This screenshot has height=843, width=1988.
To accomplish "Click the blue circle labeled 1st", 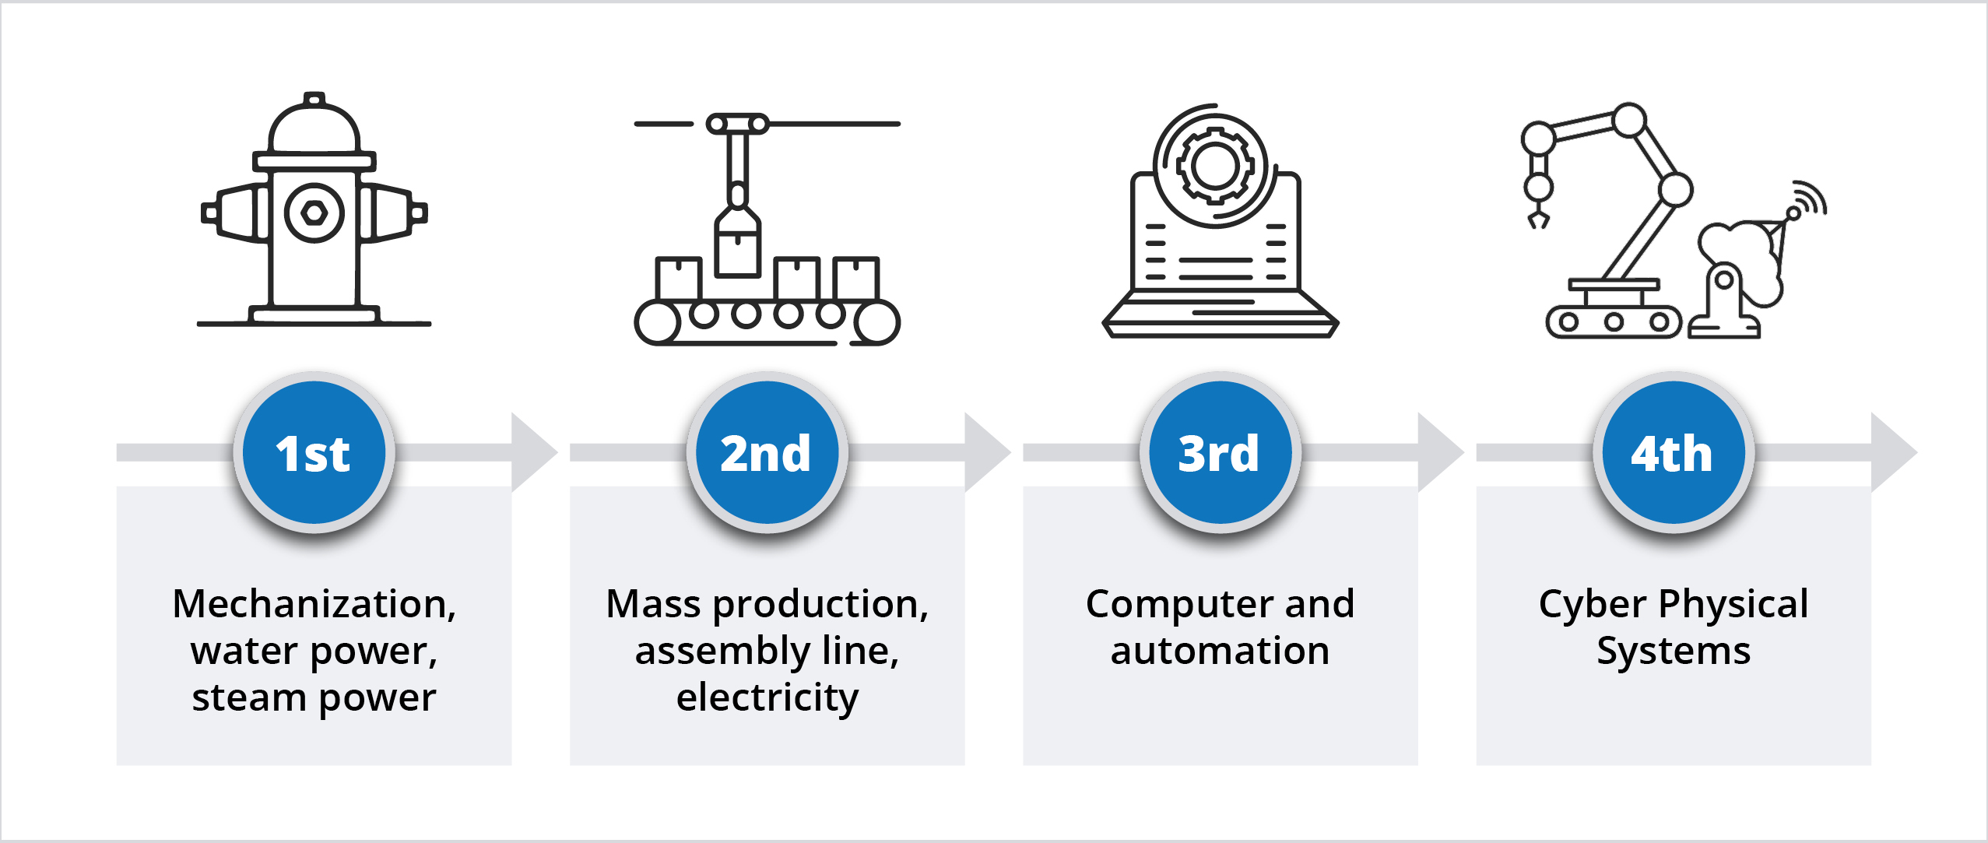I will pos(314,452).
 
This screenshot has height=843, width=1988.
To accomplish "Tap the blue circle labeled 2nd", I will pos(767,452).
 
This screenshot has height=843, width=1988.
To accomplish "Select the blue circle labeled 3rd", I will pos(1220,452).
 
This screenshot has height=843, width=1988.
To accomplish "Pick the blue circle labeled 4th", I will pos(1673,452).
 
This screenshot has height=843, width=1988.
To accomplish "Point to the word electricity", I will pos(767,697).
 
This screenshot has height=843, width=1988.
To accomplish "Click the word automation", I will pos(1220,651).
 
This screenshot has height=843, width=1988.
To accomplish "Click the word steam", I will pos(248,697).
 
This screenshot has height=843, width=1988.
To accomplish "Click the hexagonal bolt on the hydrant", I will pos(314,213).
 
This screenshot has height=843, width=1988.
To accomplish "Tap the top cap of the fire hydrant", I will pos(314,101).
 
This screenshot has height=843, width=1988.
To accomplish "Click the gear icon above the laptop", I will pos(1215,166).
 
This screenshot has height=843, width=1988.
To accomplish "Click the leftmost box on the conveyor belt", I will pos(679,279).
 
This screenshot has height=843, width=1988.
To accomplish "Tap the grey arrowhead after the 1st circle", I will pos(532,452).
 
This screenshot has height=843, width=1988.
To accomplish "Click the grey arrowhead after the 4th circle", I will pos(1891,452).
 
